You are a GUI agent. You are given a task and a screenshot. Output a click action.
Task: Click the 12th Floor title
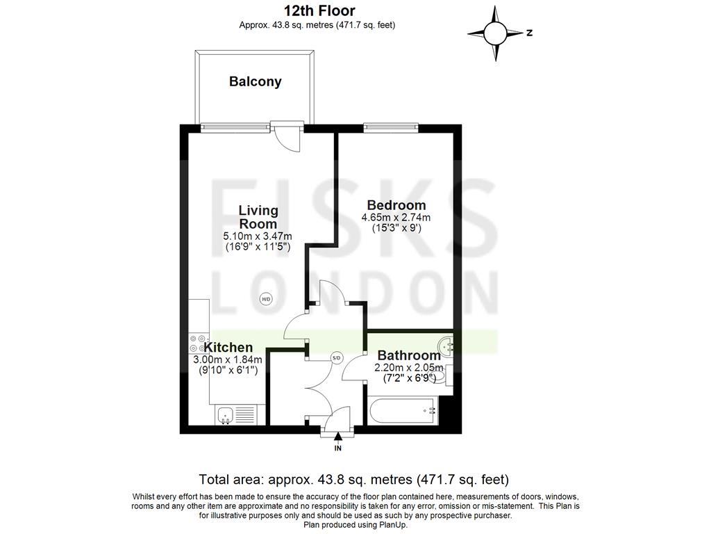click(x=319, y=10)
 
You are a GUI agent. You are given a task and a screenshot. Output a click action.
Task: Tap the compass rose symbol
click(x=495, y=33)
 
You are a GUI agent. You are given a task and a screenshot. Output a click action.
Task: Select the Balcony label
click(x=256, y=81)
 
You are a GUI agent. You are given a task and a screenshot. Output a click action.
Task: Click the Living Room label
click(x=258, y=217)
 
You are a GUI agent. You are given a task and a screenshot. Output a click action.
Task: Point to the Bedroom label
click(x=396, y=205)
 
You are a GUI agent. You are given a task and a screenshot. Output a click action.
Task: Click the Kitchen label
click(x=228, y=347)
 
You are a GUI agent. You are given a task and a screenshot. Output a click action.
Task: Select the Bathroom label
click(x=408, y=355)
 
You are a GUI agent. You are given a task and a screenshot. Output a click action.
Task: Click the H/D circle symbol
click(x=265, y=300)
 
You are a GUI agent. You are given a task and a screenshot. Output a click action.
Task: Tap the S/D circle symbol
click(x=337, y=358)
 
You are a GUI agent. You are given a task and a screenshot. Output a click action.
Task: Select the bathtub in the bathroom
click(x=403, y=411)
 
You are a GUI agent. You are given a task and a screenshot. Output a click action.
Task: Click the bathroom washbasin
click(x=446, y=344)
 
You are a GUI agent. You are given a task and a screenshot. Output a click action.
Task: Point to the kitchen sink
click(x=224, y=416)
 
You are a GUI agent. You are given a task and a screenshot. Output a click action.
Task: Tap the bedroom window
click(x=390, y=127)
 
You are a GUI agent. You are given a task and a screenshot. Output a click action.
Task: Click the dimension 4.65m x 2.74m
click(x=396, y=218)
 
